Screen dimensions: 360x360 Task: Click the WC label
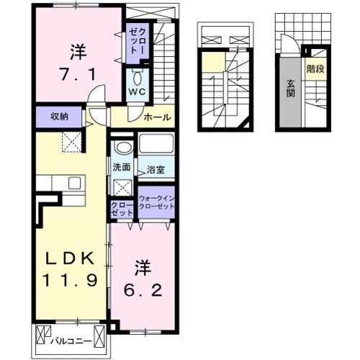(x=137, y=91)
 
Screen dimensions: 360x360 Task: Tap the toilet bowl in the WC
(x=137, y=78)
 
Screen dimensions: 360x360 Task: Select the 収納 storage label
(x=59, y=117)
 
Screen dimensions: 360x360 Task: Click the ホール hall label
(x=158, y=117)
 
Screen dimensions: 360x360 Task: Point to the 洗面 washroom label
(x=122, y=167)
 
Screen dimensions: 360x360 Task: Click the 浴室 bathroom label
(x=156, y=170)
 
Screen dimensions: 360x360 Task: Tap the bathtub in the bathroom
(x=156, y=143)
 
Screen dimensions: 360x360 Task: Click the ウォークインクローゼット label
(x=156, y=202)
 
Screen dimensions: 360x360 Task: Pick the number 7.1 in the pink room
(x=78, y=74)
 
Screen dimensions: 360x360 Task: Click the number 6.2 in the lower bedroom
(x=143, y=290)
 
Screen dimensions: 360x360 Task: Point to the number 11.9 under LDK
(x=70, y=280)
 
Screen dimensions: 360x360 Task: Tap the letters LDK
(x=70, y=258)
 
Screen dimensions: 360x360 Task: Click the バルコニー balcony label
(x=71, y=341)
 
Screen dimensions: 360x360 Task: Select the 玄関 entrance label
(x=290, y=89)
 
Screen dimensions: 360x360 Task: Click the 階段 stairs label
(x=315, y=69)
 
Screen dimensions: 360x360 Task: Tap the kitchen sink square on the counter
(x=74, y=183)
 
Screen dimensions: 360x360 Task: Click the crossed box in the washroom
(x=122, y=187)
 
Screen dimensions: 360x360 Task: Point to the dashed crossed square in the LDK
(x=72, y=142)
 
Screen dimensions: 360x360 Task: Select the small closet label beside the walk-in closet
(x=122, y=209)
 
